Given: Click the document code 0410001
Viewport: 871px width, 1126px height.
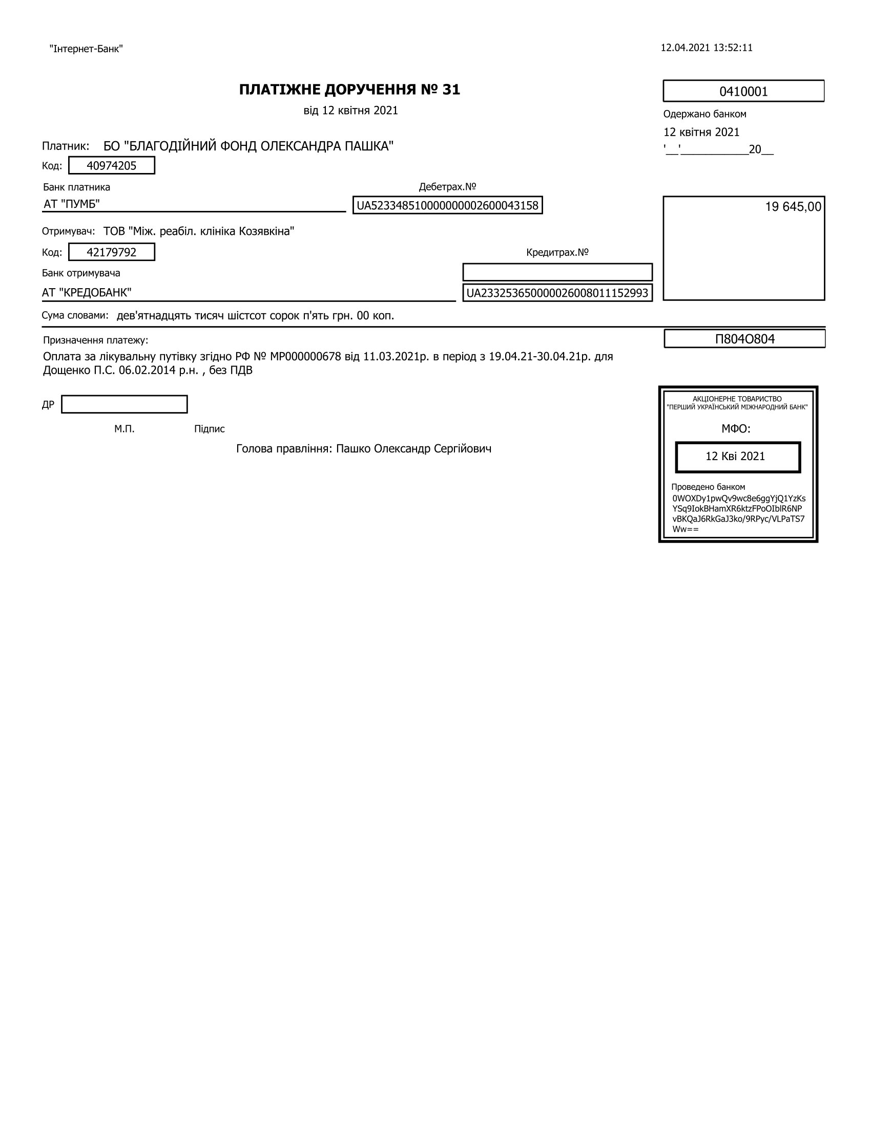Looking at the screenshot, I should coord(743,92).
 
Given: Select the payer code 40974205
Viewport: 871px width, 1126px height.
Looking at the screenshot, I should coord(112,165).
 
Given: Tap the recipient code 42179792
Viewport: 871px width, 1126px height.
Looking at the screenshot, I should coord(112,252).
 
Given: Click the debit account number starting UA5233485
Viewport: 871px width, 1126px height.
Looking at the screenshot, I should coord(447,205).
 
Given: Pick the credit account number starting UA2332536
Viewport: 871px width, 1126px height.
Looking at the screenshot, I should coord(557,293).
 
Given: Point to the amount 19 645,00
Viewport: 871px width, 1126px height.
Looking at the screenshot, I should coord(793,207).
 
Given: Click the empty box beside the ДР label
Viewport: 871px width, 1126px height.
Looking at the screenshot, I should coord(125,404).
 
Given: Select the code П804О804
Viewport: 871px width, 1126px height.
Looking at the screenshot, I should coord(744,339).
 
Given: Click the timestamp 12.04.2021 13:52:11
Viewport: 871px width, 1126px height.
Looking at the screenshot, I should coord(707,48).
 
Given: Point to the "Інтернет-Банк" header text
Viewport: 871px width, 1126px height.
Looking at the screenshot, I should coord(86,49).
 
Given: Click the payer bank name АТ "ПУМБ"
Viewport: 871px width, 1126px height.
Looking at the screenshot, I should coord(72,204).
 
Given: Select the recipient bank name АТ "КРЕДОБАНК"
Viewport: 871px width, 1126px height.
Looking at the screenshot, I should coord(87,293).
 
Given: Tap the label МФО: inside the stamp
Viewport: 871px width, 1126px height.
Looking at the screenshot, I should coord(736,428).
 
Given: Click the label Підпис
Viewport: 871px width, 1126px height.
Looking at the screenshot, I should coord(210,429).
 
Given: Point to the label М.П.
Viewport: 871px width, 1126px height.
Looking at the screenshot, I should coord(125,429).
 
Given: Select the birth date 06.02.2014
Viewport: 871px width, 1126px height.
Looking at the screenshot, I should coord(147,370).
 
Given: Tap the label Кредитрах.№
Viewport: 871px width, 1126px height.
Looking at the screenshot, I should coord(557,252).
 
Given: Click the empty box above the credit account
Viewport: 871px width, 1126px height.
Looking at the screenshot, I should coord(557,272).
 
